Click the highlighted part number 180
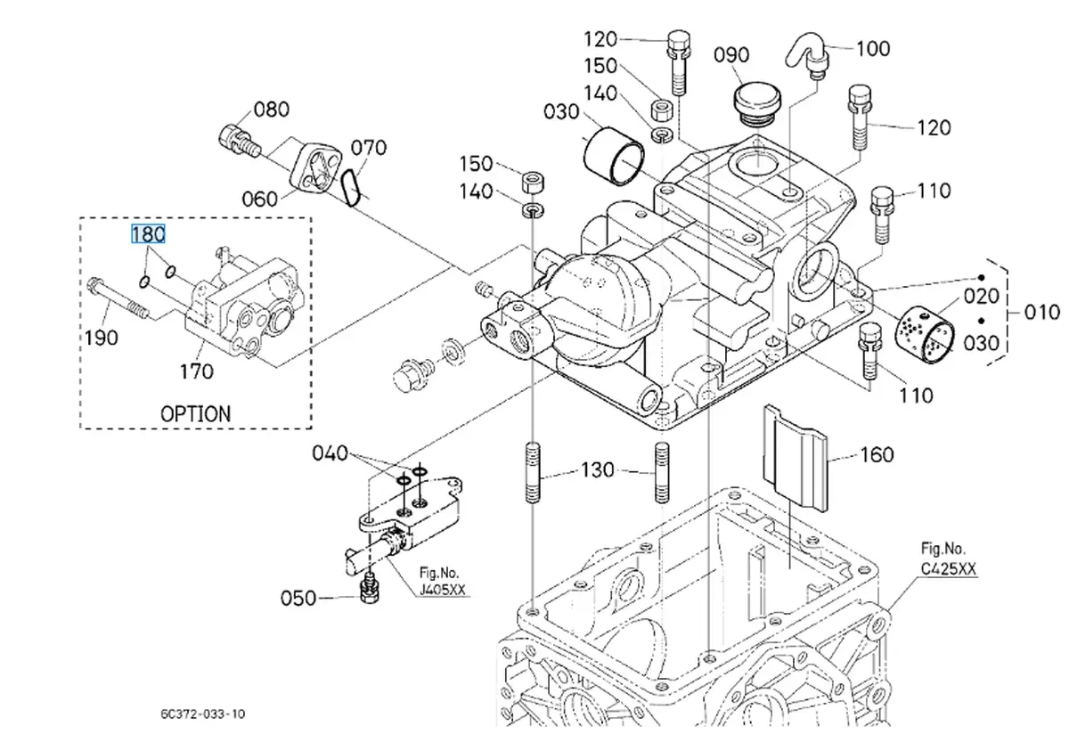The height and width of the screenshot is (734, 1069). (148, 234)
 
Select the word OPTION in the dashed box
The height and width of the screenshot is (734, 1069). (195, 413)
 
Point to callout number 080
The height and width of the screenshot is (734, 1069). (272, 110)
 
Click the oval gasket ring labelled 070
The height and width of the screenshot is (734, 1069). (352, 188)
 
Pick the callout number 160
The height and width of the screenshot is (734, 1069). (876, 455)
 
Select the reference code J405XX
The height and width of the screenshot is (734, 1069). (443, 590)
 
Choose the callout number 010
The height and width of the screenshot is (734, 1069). (1042, 312)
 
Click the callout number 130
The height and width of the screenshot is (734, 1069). (597, 469)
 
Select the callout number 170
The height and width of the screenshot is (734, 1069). (197, 371)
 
